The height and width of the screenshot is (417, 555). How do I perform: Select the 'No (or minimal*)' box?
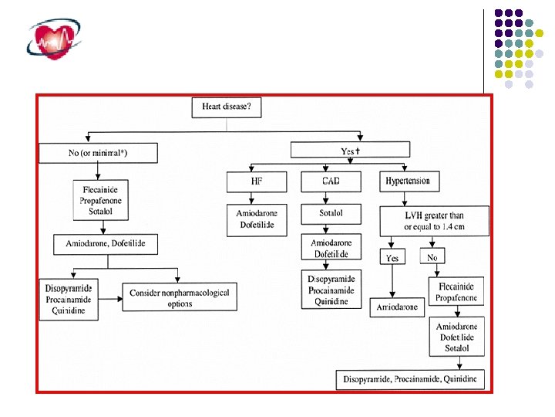[98, 153]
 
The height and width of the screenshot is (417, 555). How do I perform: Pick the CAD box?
[331, 182]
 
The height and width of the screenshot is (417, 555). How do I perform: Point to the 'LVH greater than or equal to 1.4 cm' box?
[434, 220]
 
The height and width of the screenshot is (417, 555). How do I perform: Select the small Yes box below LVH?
[392, 258]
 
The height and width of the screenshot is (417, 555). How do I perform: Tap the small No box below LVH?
[432, 256]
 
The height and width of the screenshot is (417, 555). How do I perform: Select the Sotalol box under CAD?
[331, 213]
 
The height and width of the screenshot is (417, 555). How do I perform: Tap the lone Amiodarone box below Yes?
[397, 307]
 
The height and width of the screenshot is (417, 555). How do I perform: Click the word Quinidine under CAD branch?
[331, 302]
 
